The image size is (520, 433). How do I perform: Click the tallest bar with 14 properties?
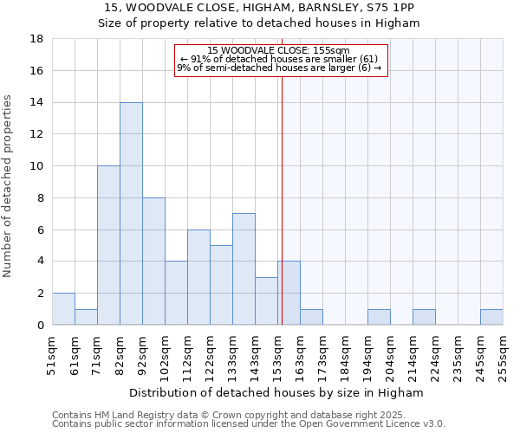pyautogui.click(x=131, y=213)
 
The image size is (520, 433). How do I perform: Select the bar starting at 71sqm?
pyautogui.click(x=108, y=245)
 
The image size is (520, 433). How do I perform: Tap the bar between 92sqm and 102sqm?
pyautogui.click(x=153, y=261)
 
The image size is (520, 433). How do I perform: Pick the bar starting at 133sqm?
pyautogui.click(x=244, y=268)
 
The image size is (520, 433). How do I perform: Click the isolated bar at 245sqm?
pyautogui.click(x=491, y=317)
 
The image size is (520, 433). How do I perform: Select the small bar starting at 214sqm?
pyautogui.click(x=424, y=317)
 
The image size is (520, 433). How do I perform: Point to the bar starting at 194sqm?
pyautogui.click(x=379, y=317)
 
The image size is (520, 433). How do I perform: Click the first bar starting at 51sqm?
pyautogui.click(x=63, y=309)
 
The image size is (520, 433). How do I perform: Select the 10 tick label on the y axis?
pyautogui.click(x=37, y=166)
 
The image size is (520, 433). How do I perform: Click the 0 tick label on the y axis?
pyautogui.click(x=40, y=325)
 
